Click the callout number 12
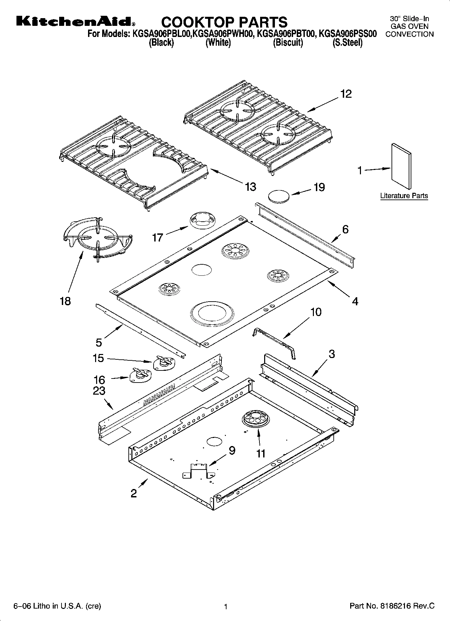[345, 94]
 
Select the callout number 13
[250, 186]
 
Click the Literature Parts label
[404, 196]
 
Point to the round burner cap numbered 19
[279, 196]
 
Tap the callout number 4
[355, 301]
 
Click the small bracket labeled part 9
[198, 470]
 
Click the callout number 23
[99, 391]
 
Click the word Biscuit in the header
[288, 43]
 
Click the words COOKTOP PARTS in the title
[224, 22]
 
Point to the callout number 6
[345, 229]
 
